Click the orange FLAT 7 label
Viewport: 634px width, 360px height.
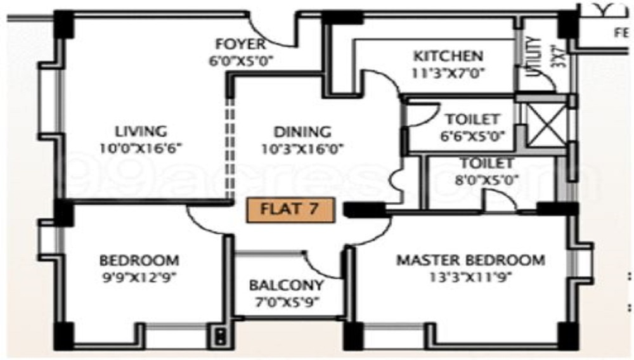(289, 209)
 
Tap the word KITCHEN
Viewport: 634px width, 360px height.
(448, 56)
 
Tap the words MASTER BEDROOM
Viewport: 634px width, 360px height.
(470, 260)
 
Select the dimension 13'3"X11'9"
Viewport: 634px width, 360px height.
(470, 276)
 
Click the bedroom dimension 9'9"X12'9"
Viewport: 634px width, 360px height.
(139, 276)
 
